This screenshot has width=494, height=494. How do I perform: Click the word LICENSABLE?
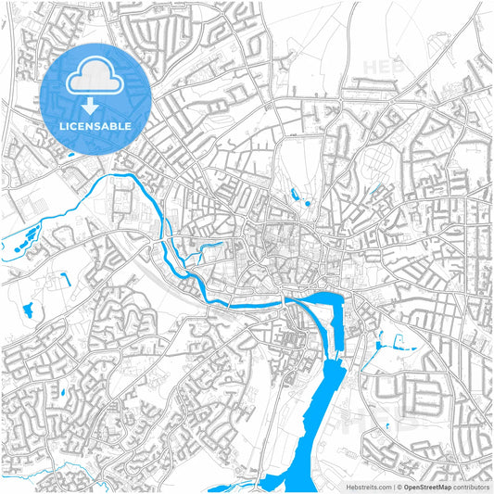95,125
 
